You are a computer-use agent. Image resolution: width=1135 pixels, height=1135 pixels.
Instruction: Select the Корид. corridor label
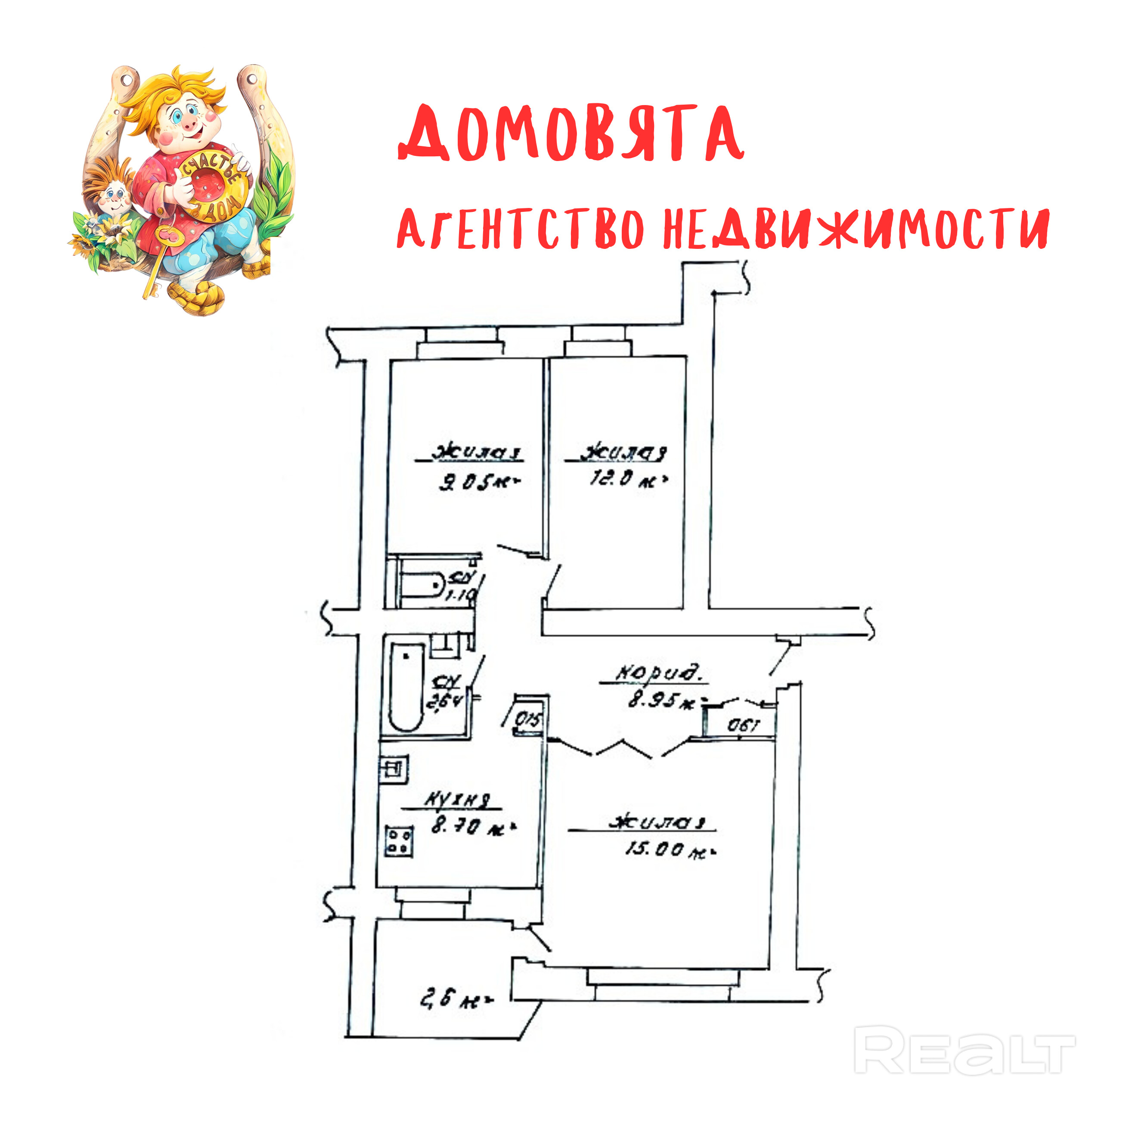pos(658,674)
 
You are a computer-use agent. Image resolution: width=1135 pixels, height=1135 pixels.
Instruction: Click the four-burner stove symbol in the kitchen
pos(399,841)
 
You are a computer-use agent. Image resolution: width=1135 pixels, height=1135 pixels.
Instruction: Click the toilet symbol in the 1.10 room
pos(422,585)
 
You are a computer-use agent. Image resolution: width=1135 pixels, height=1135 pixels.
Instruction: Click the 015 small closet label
pos(527,719)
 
